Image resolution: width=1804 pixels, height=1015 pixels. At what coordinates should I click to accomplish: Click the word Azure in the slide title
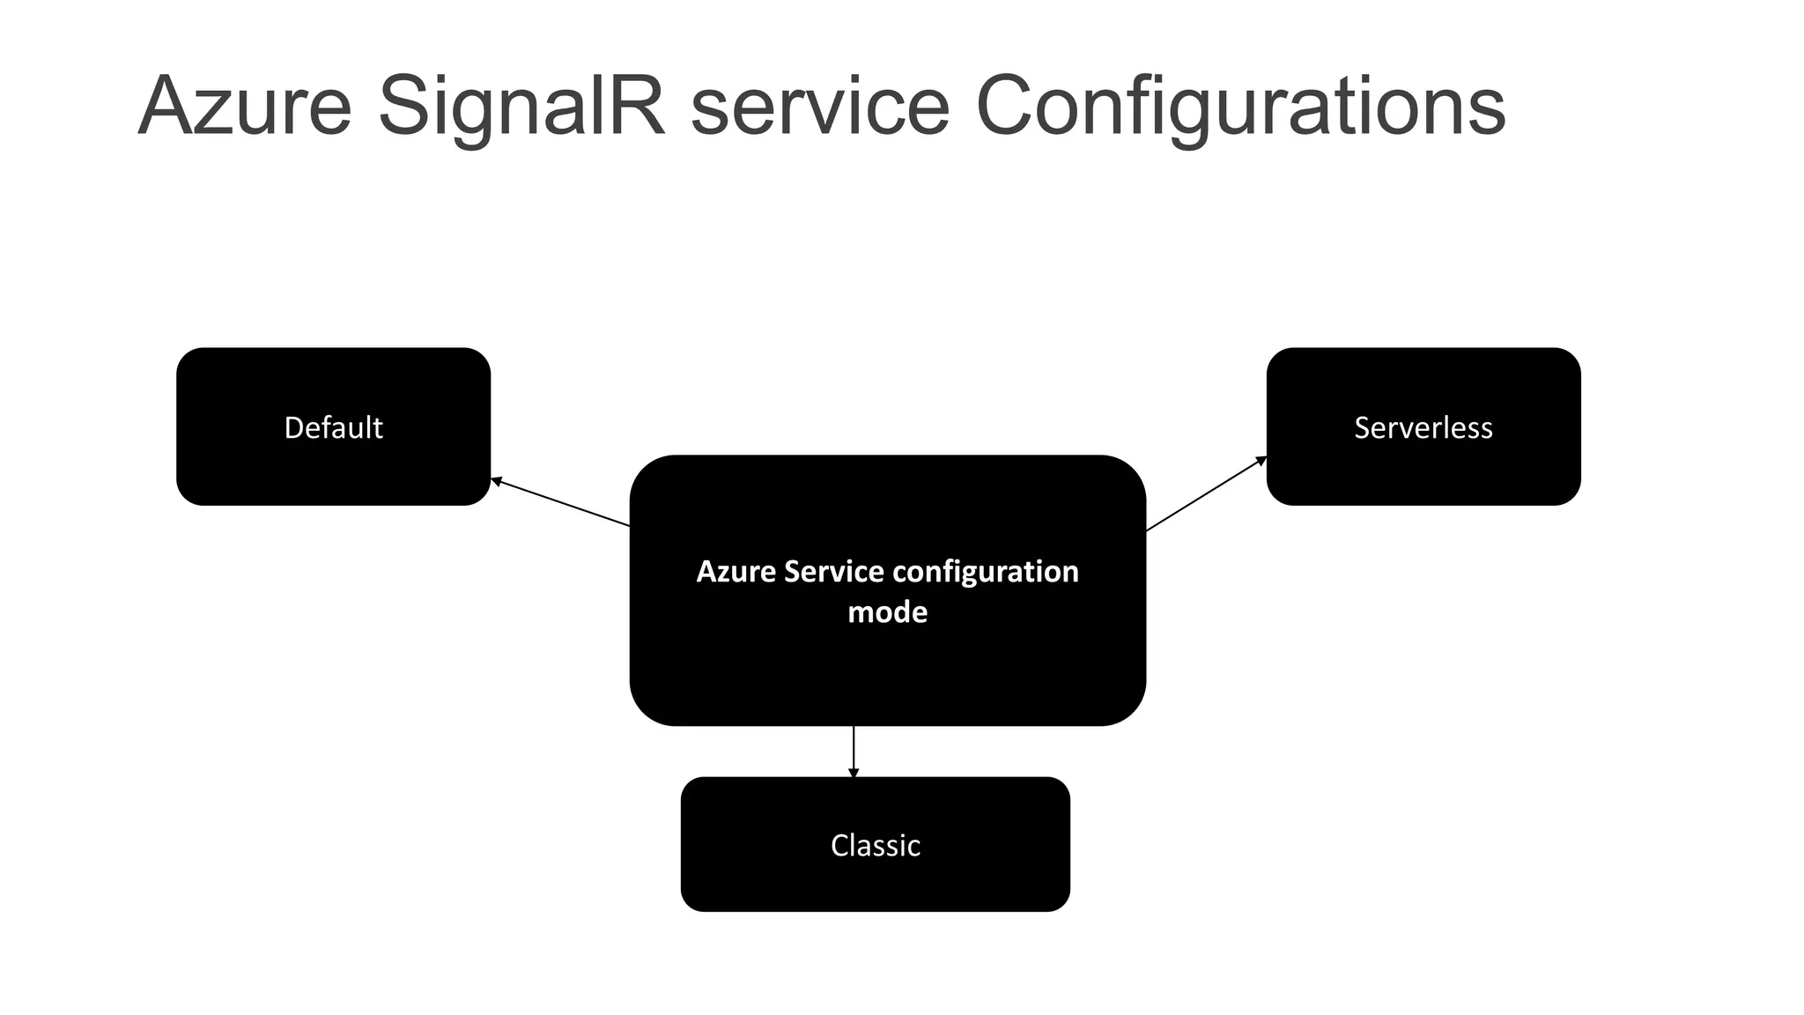tap(245, 107)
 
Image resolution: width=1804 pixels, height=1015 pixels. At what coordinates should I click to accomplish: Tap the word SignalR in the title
tap(521, 107)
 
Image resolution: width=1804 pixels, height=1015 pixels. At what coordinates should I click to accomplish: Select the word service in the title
tap(820, 107)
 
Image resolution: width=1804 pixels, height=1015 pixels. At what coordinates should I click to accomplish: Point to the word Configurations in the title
tap(1240, 107)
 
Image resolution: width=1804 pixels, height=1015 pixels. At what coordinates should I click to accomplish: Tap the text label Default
tap(333, 427)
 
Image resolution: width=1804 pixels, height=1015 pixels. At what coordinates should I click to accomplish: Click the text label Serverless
tap(1423, 427)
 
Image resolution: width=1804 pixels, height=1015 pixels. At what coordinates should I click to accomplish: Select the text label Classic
tap(875, 846)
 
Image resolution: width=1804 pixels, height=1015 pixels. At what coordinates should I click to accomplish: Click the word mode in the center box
tap(887, 612)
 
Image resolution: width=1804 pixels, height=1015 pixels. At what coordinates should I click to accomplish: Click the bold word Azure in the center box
tap(736, 572)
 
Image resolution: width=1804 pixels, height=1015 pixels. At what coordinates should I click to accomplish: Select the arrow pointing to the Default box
tap(560, 502)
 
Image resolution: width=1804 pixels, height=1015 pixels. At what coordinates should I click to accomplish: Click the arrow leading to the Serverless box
tap(1205, 494)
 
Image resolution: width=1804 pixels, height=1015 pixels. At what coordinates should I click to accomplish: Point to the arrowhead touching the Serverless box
tap(1261, 460)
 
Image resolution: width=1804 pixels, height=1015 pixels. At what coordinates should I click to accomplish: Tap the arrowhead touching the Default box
tap(496, 481)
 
